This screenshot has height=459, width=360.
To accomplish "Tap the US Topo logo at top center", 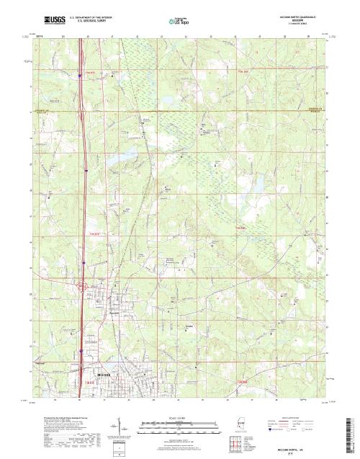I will click(x=184, y=21).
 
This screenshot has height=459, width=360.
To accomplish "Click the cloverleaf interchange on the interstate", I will click(x=83, y=287).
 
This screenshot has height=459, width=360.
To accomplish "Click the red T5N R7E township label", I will click(x=89, y=72).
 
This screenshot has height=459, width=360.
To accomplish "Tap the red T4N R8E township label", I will click(x=242, y=229).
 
